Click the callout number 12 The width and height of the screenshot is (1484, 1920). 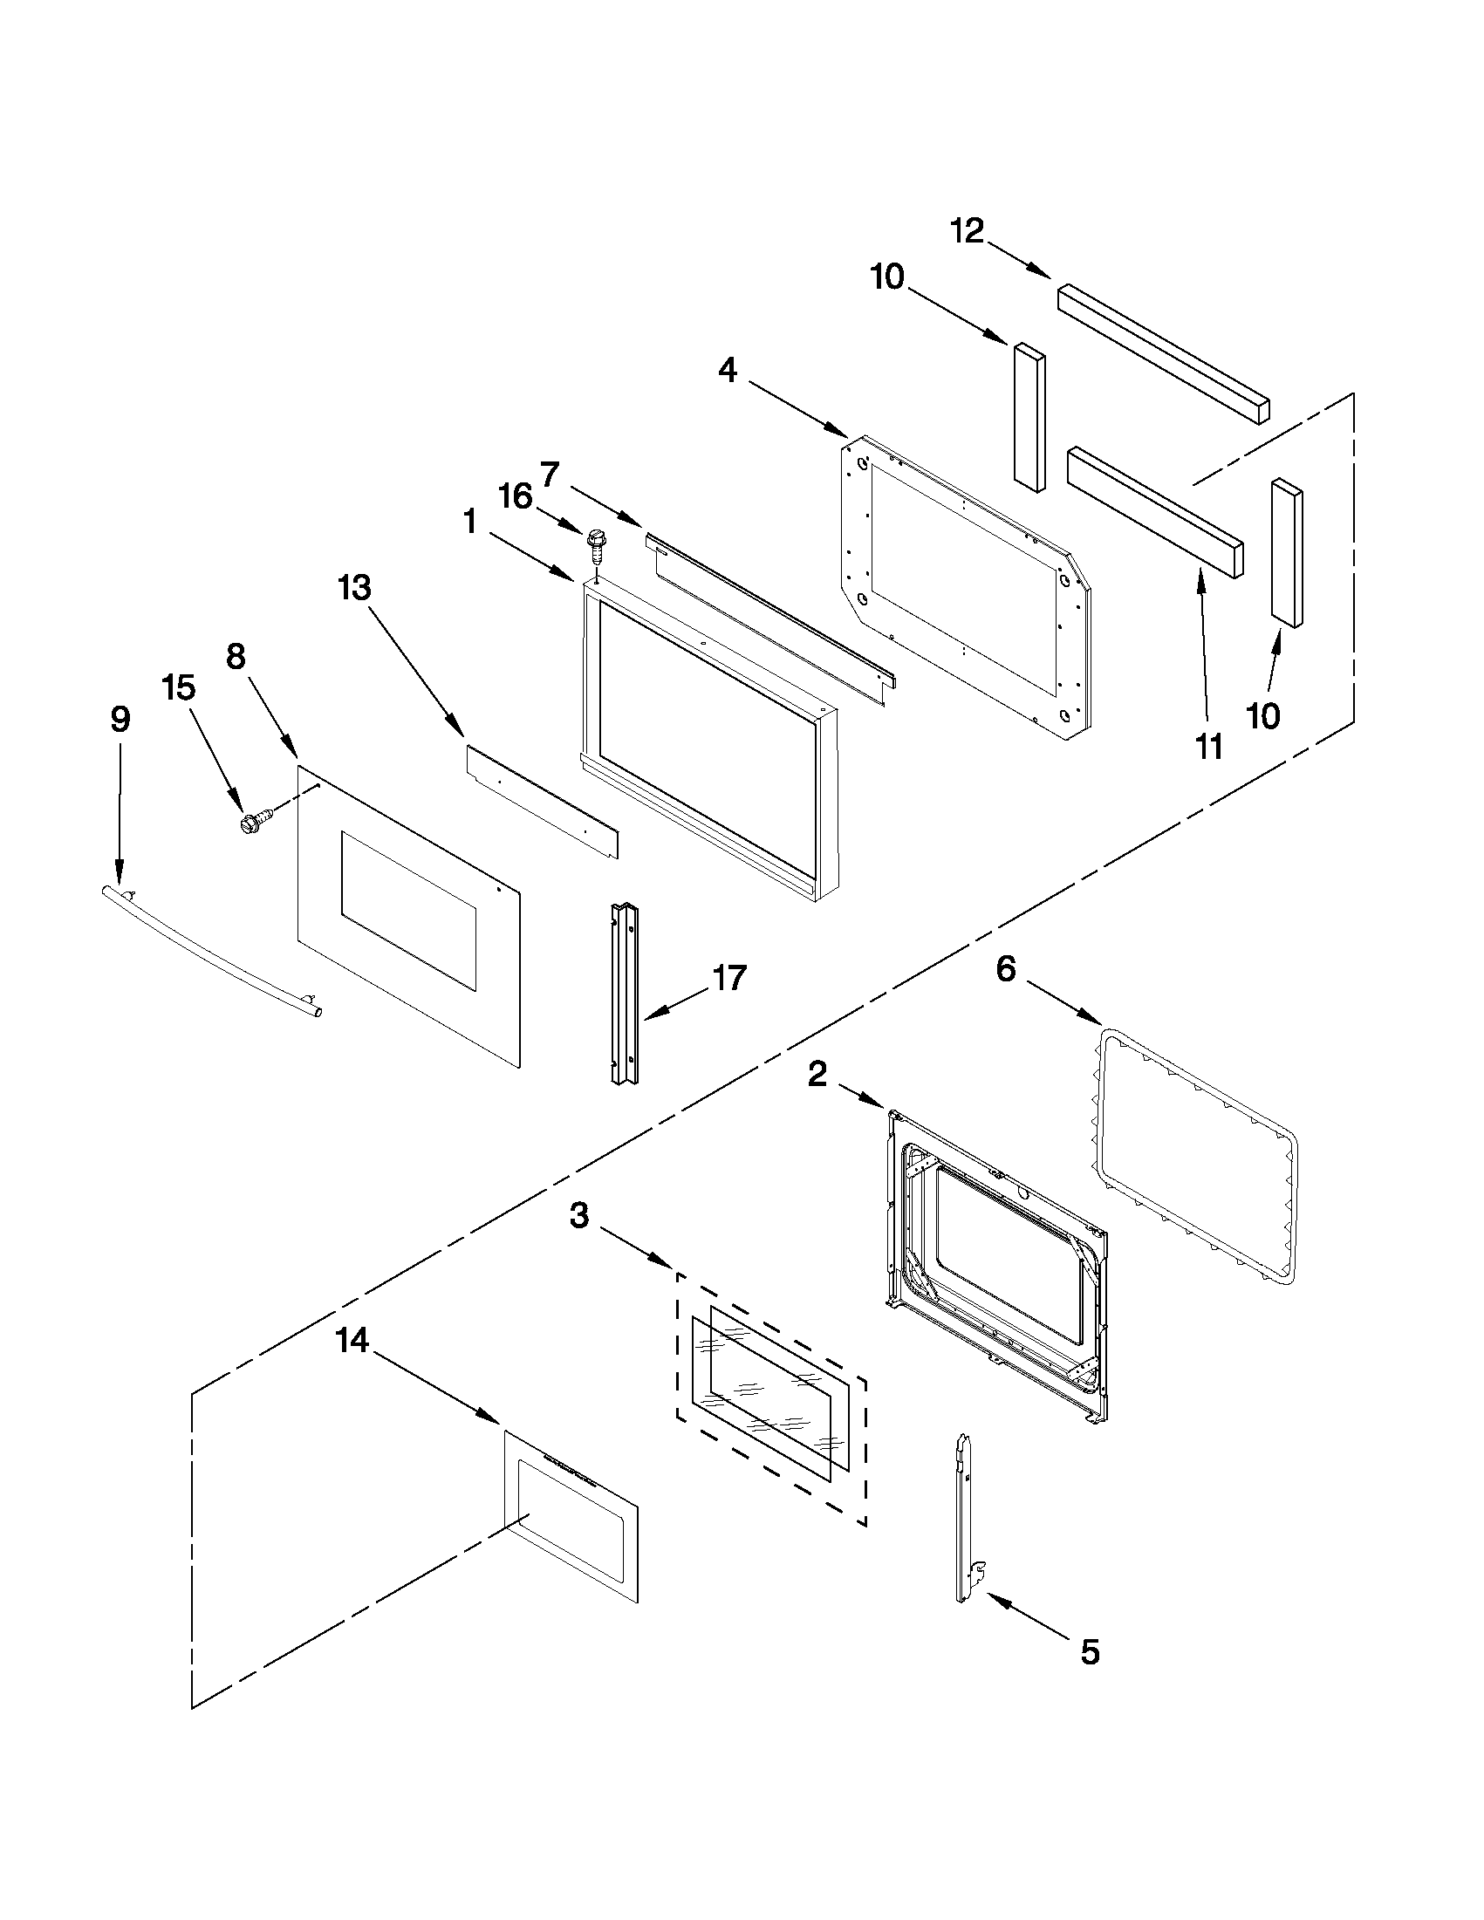pyautogui.click(x=967, y=231)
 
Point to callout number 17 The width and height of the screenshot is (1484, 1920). pyautogui.click(x=729, y=978)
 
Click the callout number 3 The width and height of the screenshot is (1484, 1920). pyautogui.click(x=578, y=1217)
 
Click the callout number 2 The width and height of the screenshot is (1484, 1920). pyautogui.click(x=817, y=1074)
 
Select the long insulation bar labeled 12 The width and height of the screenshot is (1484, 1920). pyautogui.click(x=1164, y=352)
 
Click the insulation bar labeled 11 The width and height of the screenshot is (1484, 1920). pyautogui.click(x=1155, y=512)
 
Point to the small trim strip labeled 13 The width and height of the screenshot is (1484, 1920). pyautogui.click(x=542, y=802)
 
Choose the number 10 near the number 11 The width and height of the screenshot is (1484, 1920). pyautogui.click(x=1263, y=716)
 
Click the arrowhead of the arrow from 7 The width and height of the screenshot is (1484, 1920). pyautogui.click(x=641, y=525)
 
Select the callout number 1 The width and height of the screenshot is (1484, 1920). pyautogui.click(x=470, y=523)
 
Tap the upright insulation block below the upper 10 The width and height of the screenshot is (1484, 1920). pyautogui.click(x=1029, y=416)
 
